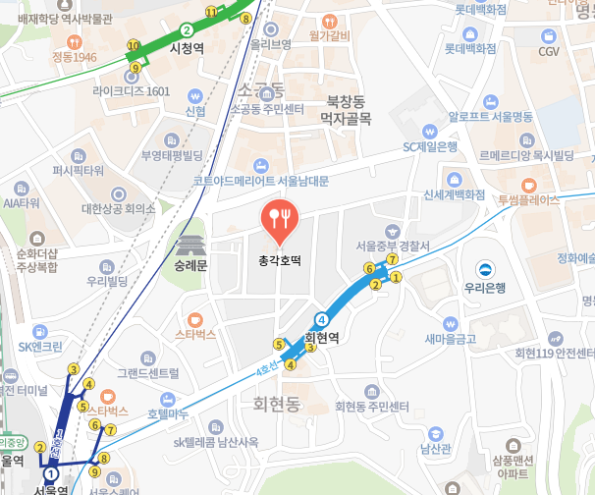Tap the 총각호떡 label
tap(280, 261)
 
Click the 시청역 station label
tap(186, 47)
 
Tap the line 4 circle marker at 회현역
tap(321, 318)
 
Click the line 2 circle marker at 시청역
tap(186, 30)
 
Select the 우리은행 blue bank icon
tap(484, 269)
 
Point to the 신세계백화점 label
tap(455, 194)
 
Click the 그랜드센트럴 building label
tap(148, 373)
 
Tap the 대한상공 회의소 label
tap(118, 208)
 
